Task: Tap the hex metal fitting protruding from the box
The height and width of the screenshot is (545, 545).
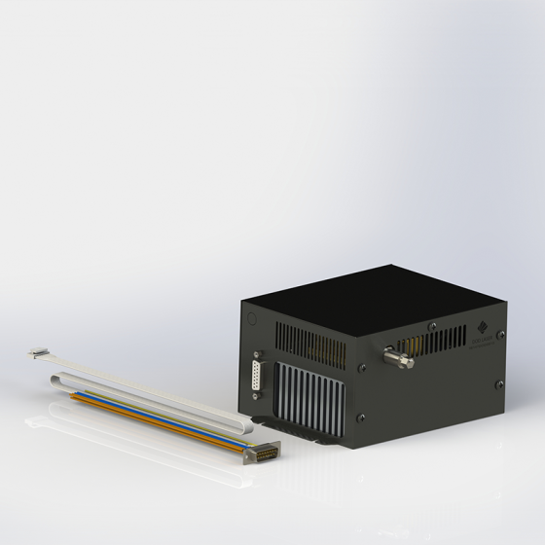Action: click(x=398, y=360)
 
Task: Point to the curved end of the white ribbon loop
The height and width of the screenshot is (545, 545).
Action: click(x=54, y=381)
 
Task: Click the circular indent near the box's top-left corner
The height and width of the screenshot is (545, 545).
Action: click(x=249, y=317)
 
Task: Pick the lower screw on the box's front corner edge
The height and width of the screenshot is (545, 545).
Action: click(x=361, y=418)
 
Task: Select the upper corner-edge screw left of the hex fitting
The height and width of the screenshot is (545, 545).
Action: click(x=361, y=368)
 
